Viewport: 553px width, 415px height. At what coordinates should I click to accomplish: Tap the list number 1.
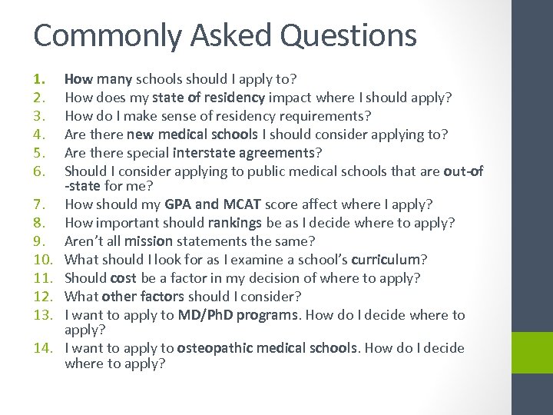point(39,78)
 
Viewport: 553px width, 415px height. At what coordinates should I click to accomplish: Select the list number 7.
point(39,204)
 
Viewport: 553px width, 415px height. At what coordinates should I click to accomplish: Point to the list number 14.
point(43,348)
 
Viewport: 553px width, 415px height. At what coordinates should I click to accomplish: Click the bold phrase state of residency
point(209,98)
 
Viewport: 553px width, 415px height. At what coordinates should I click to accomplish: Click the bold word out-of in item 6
point(463,171)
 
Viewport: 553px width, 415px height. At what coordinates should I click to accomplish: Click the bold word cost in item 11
point(123,277)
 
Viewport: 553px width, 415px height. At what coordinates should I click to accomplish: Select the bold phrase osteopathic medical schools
point(267,348)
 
